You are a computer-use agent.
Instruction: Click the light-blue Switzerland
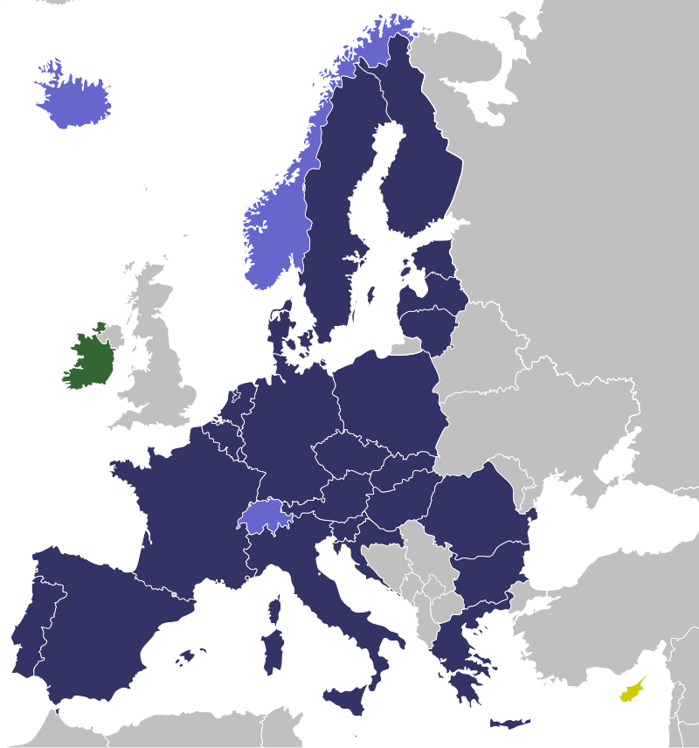click(265, 516)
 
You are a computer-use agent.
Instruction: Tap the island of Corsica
click(275, 609)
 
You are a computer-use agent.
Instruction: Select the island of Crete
click(510, 723)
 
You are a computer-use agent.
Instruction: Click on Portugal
click(44, 612)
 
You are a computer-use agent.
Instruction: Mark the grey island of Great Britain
click(162, 367)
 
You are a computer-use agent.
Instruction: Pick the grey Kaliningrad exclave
click(407, 347)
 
